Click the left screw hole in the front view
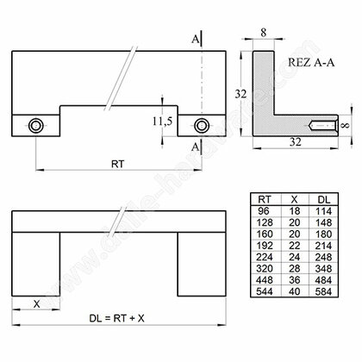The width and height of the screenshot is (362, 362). point(35,126)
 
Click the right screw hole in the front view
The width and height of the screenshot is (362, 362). point(202,126)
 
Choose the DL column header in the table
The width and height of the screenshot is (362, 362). point(323,199)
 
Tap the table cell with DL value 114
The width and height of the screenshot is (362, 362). point(323,210)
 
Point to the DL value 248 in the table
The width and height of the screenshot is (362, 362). point(323,257)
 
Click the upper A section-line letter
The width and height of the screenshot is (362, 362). point(198,39)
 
